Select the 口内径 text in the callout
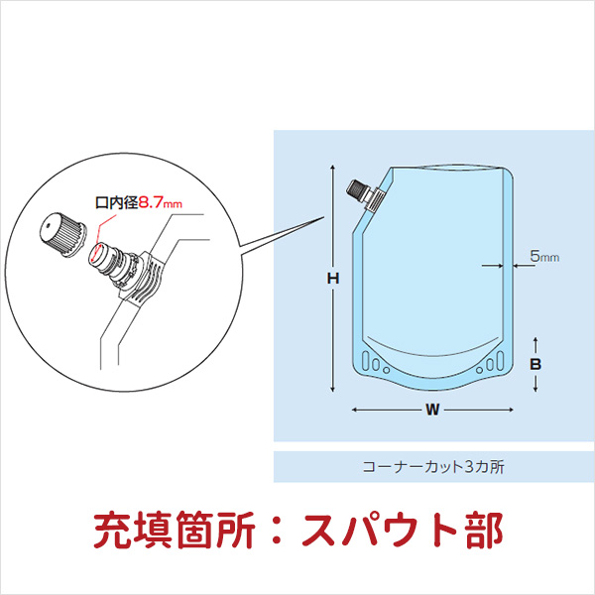pyautogui.click(x=114, y=202)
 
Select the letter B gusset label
pyautogui.click(x=535, y=364)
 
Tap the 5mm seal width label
pyautogui.click(x=544, y=256)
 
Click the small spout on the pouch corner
pyautogui.click(x=363, y=191)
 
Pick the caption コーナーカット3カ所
pyautogui.click(x=434, y=467)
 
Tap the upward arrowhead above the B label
pyautogui.click(x=535, y=340)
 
